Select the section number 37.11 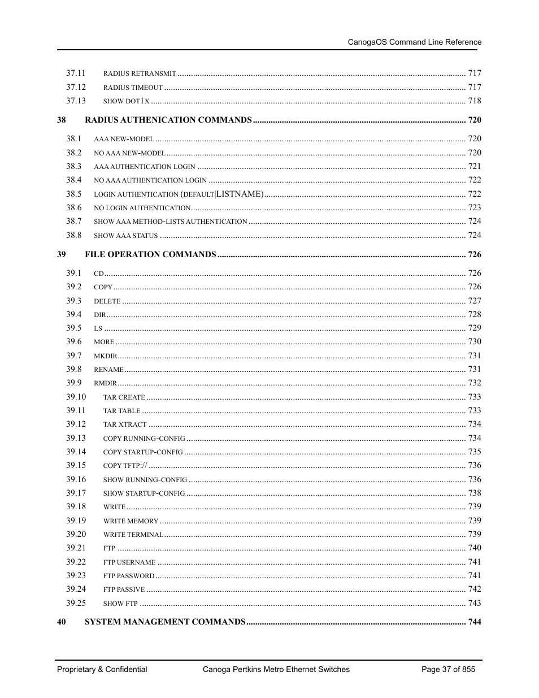click(x=76, y=73)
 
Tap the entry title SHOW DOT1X click(x=126, y=101)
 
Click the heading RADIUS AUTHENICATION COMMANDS click(x=168, y=120)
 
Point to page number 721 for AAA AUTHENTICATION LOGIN click(x=474, y=166)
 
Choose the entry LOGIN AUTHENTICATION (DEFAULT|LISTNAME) click(x=179, y=194)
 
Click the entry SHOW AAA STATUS click(x=125, y=236)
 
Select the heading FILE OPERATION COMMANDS click(x=150, y=254)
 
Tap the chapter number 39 click(x=61, y=254)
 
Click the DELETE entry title click(x=107, y=301)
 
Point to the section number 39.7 click(x=73, y=355)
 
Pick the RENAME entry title click(x=108, y=370)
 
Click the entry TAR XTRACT click(x=125, y=424)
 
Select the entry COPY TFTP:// click(x=125, y=466)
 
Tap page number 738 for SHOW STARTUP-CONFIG click(x=474, y=493)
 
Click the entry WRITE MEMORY click(x=131, y=521)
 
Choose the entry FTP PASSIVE click(x=124, y=589)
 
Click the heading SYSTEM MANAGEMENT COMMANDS click(x=165, y=622)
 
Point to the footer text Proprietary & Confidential click(x=102, y=669)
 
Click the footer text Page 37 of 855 click(x=448, y=669)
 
